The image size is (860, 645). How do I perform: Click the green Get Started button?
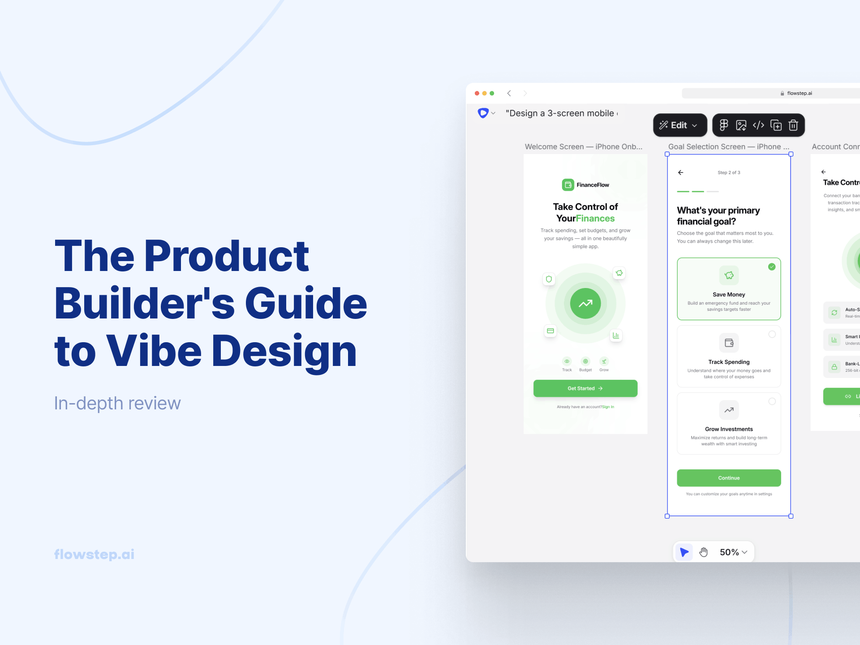[x=585, y=388]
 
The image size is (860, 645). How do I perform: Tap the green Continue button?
[x=729, y=478]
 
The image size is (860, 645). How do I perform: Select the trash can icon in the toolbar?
[x=793, y=125]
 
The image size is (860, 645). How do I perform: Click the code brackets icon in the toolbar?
[x=758, y=125]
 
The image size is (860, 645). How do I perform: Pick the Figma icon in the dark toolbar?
[x=724, y=125]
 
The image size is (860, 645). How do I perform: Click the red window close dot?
[x=477, y=93]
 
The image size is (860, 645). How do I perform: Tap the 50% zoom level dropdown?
[x=733, y=552]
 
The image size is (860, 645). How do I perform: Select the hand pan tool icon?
[x=704, y=552]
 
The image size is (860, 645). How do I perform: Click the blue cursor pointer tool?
[x=684, y=552]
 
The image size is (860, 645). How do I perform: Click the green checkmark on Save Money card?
[x=772, y=267]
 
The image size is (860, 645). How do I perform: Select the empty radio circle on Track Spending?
[x=772, y=334]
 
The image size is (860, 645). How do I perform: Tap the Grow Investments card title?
[x=729, y=429]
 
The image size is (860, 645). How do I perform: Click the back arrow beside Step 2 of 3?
[x=681, y=172]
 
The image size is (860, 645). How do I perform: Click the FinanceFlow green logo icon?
[x=568, y=185]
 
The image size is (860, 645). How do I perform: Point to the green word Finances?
[x=595, y=219]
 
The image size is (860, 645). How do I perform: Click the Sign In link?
[x=608, y=407]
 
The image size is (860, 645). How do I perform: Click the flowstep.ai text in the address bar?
[x=800, y=93]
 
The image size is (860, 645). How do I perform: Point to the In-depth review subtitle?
[x=117, y=403]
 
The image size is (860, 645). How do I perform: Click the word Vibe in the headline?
[x=154, y=351]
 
